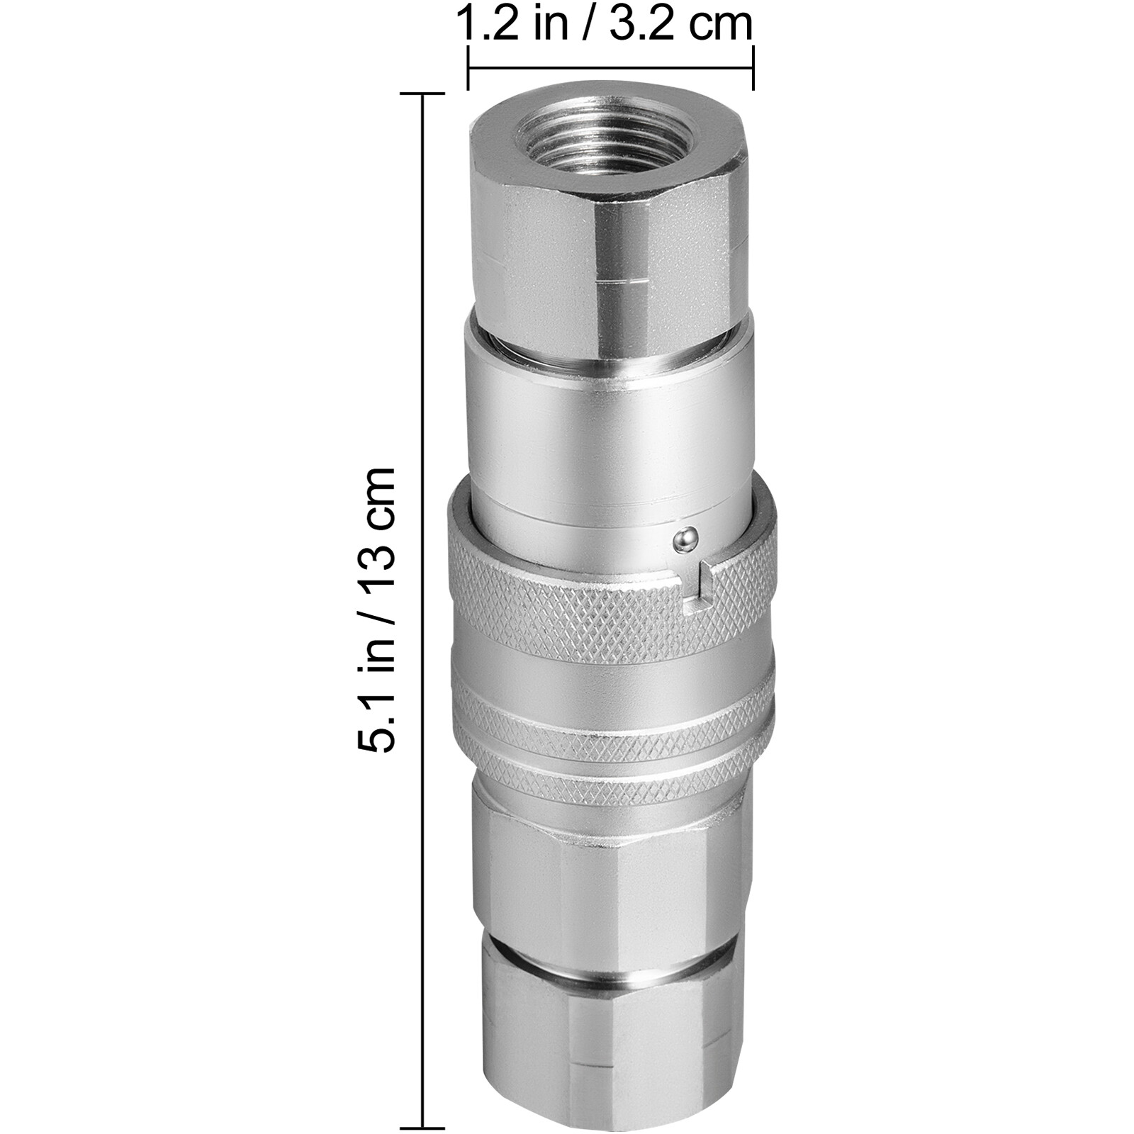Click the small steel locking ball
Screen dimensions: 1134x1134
pyautogui.click(x=684, y=540)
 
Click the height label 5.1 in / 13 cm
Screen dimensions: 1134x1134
pyautogui.click(x=376, y=609)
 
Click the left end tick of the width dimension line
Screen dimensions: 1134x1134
pyautogui.click(x=468, y=68)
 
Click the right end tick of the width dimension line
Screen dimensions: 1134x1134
pyautogui.click(x=753, y=68)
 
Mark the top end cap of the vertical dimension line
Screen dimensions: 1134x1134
pyautogui.click(x=423, y=94)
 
